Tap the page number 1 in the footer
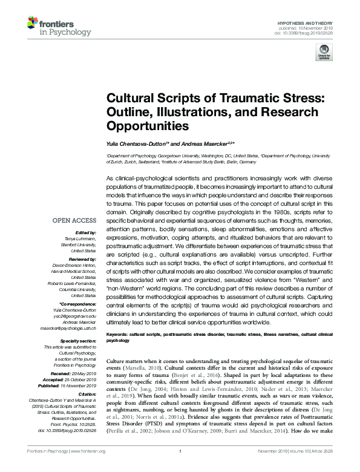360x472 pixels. click(x=180, y=468)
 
